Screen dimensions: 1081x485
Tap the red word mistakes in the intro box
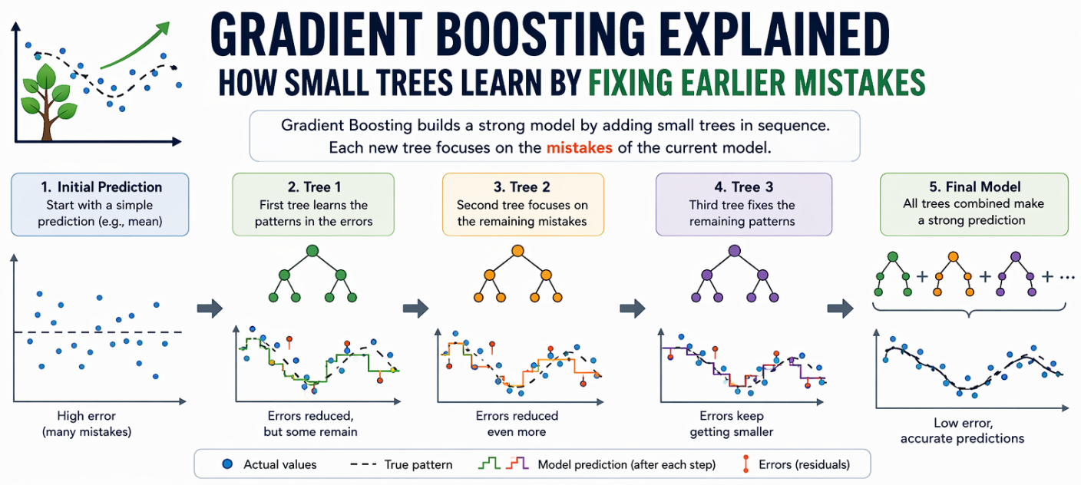579,147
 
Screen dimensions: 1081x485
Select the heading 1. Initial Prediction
101,186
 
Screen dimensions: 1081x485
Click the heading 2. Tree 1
314,186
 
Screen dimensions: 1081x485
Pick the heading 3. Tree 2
521,186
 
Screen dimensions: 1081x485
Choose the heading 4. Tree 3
744,186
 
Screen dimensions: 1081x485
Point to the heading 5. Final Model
975,186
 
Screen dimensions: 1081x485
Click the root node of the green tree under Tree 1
312,251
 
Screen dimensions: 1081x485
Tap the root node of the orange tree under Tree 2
517,251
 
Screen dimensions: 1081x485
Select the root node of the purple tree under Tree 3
735,251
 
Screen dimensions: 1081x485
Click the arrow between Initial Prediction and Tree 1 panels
210,308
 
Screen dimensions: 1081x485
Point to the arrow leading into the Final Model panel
840,308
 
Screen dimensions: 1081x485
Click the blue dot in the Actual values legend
227,464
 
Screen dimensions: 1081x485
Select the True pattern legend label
418,464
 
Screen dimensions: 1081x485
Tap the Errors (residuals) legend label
804,464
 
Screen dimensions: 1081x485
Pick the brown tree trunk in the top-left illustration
47,118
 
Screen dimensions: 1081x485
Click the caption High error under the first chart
87,415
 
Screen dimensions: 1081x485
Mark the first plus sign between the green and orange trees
922,276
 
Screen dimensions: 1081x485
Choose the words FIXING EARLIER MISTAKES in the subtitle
757,83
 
